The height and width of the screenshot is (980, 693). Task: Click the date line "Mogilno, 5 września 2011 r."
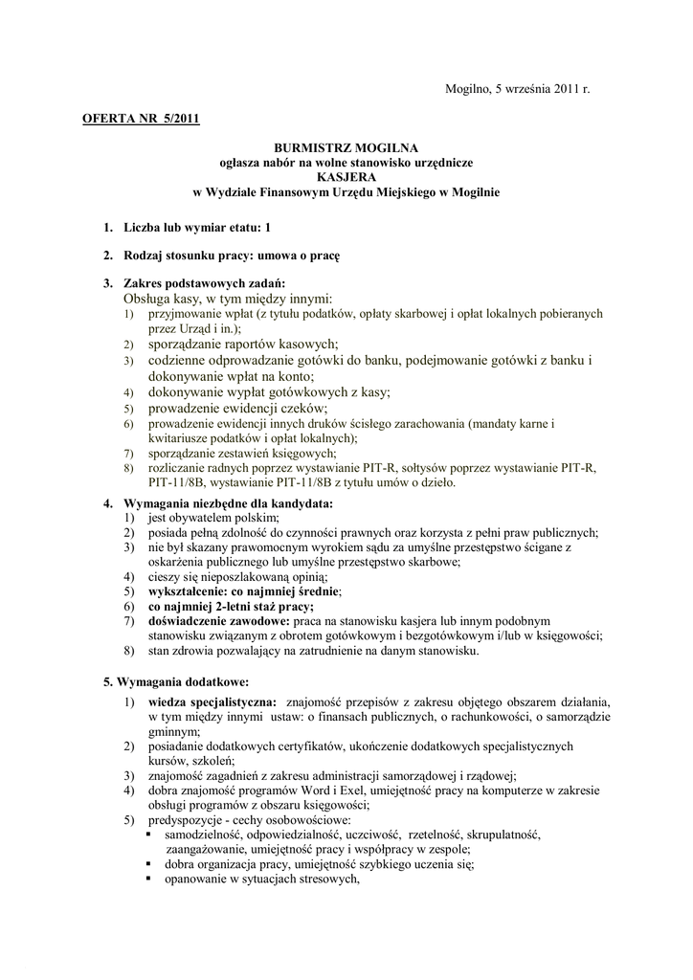[517, 89]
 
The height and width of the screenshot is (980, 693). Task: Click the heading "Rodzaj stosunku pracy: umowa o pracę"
[232, 256]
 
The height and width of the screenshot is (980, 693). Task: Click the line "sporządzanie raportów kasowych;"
[243, 343]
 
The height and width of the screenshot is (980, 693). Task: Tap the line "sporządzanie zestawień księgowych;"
[241, 452]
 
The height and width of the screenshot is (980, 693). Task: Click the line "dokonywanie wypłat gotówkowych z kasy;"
[269, 391]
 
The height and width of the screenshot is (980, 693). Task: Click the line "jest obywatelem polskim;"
[212, 518]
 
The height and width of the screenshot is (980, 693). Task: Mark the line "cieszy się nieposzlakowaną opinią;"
[237, 577]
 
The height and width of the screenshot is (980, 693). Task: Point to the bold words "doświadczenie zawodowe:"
[212, 621]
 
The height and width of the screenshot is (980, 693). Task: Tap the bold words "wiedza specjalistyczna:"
[212, 702]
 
